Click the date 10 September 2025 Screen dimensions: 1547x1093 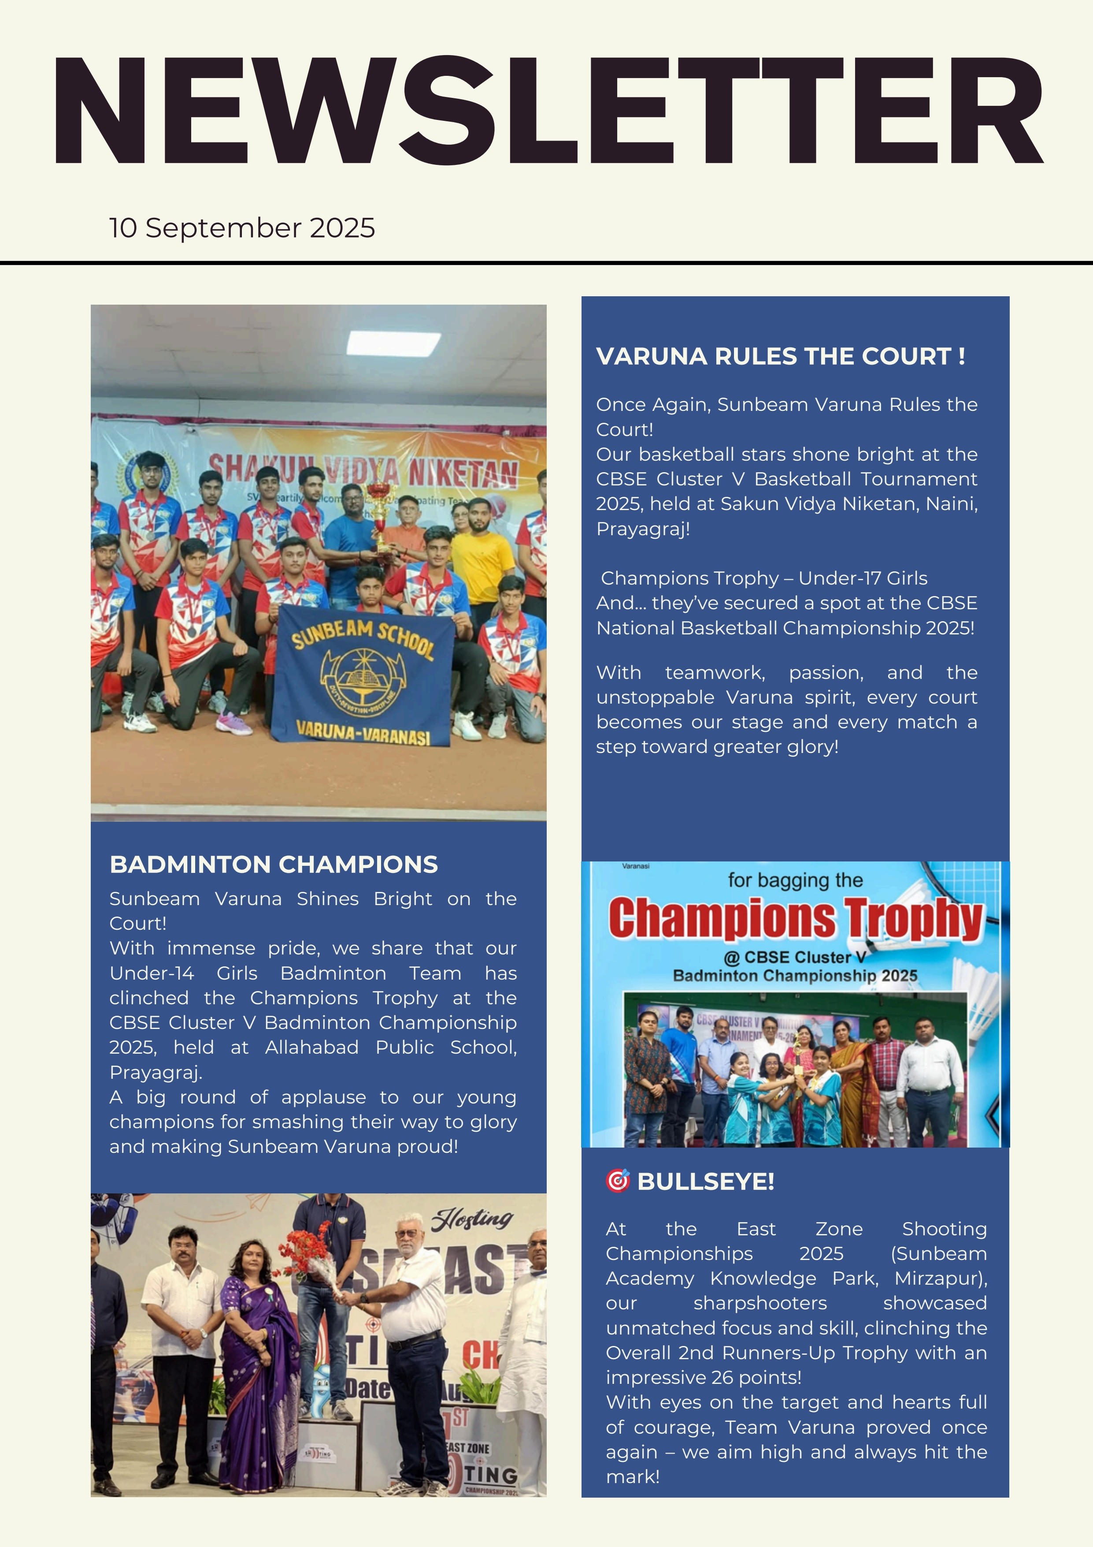click(242, 228)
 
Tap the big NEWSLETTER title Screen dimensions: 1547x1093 click(547, 111)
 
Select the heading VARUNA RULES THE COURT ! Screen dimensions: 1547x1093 click(780, 356)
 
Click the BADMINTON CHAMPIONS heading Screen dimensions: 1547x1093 click(274, 865)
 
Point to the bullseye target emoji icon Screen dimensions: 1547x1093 click(617, 1181)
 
